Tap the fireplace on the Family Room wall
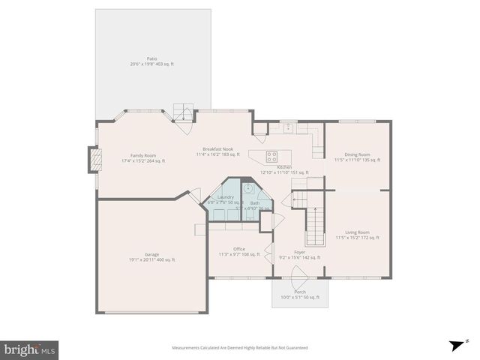coord(94,158)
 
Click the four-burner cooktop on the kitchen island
coord(271,156)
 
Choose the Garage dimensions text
coord(151,259)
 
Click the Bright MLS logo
coord(30,349)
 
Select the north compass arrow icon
coord(455,345)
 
